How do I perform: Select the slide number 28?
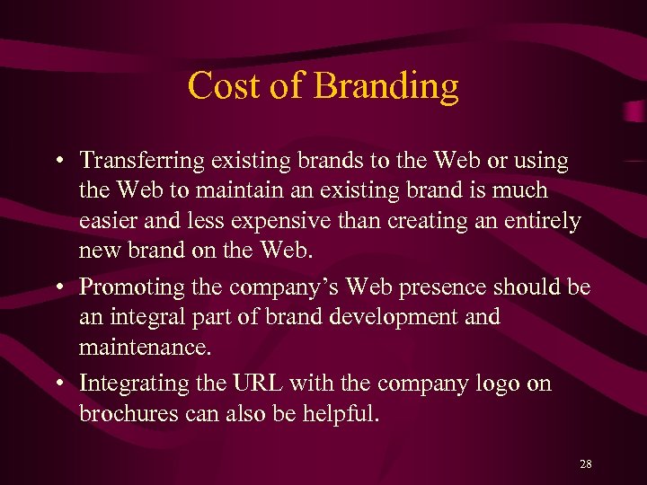click(x=586, y=463)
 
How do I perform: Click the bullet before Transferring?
click(x=57, y=162)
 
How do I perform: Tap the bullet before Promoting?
click(x=57, y=287)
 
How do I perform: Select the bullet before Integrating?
click(x=57, y=384)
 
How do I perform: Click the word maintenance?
click(x=140, y=346)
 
